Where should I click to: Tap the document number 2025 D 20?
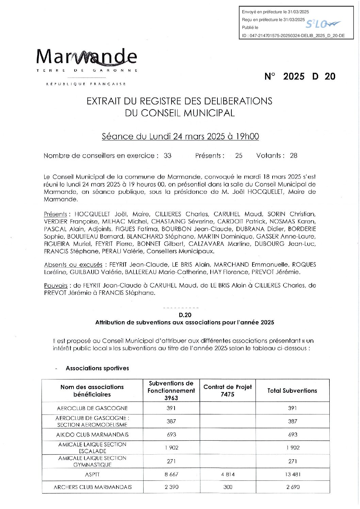[x=300, y=77]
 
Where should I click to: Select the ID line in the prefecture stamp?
[x=293, y=35]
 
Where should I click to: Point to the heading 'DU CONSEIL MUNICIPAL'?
[x=180, y=113]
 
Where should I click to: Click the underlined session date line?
[x=180, y=136]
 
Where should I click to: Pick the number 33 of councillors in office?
[x=167, y=156]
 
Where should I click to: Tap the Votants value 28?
[x=293, y=156]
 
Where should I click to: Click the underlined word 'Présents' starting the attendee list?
[x=55, y=214]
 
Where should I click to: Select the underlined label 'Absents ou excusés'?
[x=73, y=265]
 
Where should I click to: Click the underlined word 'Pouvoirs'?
[x=56, y=286]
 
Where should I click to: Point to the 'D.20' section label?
[x=185, y=315]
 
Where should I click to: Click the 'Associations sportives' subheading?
[x=97, y=368]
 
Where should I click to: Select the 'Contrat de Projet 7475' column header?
[x=228, y=390]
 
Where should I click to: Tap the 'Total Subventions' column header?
[x=292, y=391]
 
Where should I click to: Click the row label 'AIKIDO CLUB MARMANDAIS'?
[x=92, y=435]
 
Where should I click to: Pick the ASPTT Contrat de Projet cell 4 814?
[x=228, y=474]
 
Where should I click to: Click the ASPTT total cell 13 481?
[x=292, y=474]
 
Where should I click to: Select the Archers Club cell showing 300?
[x=228, y=487]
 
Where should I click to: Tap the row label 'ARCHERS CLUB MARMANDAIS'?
[x=92, y=487]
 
